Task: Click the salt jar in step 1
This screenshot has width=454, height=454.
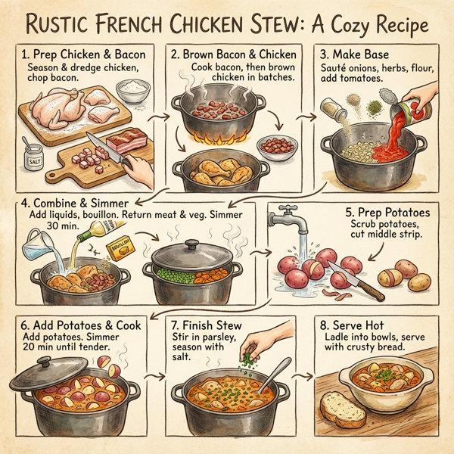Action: [x=34, y=161]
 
